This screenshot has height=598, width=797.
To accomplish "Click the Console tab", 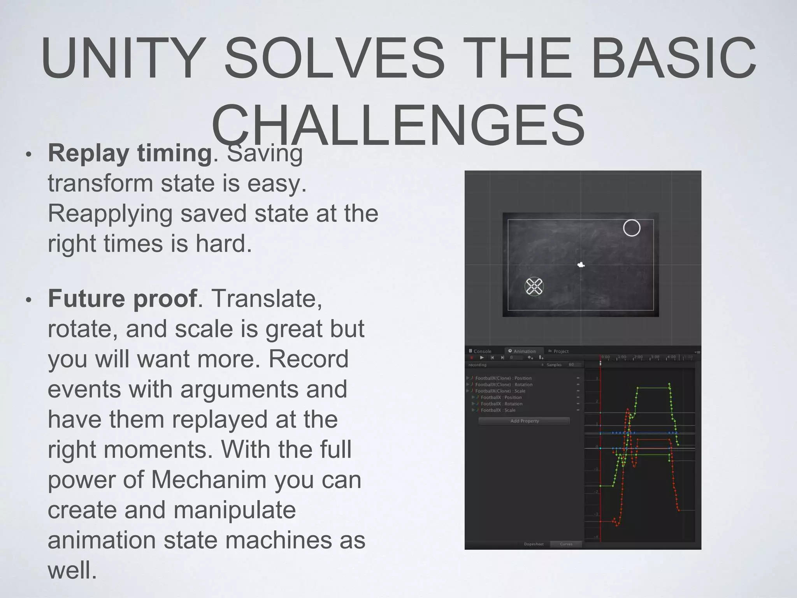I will [481, 351].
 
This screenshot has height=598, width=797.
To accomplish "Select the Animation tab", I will [522, 351].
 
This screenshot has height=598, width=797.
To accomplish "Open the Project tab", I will [559, 351].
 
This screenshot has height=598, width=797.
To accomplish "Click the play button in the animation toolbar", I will [482, 357].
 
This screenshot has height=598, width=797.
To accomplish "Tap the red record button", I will [472, 357].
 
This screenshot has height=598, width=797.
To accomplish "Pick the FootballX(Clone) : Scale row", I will [500, 391].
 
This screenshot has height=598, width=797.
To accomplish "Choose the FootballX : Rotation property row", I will [502, 404].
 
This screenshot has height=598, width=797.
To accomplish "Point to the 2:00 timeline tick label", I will [639, 357].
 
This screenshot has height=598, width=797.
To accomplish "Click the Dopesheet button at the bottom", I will [534, 544].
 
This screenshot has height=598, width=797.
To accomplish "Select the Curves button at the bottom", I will [566, 544].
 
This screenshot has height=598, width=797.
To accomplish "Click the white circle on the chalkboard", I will [631, 228].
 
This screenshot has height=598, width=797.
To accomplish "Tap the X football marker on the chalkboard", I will [534, 287].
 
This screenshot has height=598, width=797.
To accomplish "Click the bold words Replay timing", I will [130, 153].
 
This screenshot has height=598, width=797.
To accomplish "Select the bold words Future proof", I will [122, 299].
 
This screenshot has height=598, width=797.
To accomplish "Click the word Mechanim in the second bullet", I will [209, 480].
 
